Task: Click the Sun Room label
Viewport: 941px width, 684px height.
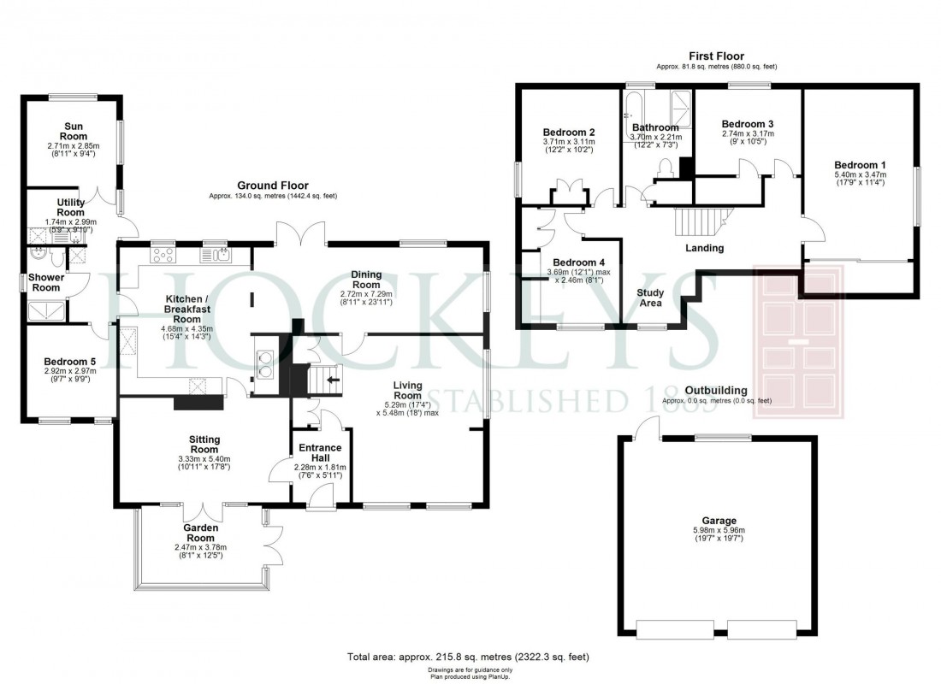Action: [73, 131]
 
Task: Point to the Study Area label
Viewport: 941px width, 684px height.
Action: [650, 298]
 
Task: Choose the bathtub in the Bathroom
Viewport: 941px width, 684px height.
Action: [638, 107]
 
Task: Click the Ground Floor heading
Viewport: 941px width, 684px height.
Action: [274, 186]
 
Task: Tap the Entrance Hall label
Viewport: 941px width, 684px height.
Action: [317, 452]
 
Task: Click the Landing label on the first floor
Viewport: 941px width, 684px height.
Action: [705, 249]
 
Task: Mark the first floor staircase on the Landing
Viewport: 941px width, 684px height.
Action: [700, 221]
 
